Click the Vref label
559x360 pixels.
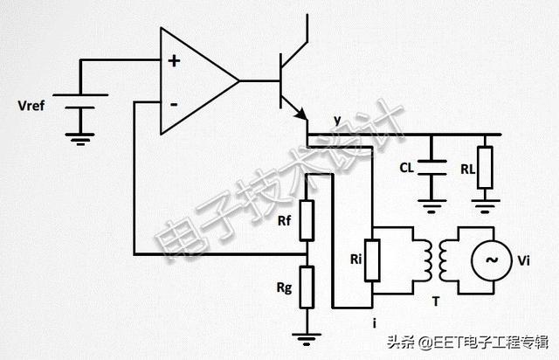coord(31,106)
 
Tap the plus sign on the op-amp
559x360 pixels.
coord(174,61)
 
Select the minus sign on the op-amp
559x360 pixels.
coord(174,105)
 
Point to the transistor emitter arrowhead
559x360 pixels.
coord(301,114)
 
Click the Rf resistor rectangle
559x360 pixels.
coord(307,220)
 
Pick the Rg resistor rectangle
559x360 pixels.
coord(307,287)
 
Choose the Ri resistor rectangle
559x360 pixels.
coord(372,260)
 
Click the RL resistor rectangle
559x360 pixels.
coord(485,168)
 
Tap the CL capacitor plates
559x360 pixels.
coord(431,168)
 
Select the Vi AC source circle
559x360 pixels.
coord(493,260)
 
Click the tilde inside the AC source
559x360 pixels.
coord(493,260)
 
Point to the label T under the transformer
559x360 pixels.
coord(436,301)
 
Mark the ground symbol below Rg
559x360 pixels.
coord(307,339)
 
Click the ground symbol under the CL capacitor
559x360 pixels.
coord(431,206)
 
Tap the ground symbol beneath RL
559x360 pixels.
coord(486,206)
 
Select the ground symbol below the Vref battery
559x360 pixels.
coord(80,139)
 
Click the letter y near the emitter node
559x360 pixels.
coord(338,121)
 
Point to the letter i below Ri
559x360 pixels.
coord(375,323)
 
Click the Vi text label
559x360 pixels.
coord(524,260)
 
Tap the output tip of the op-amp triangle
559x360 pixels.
coord(238,81)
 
